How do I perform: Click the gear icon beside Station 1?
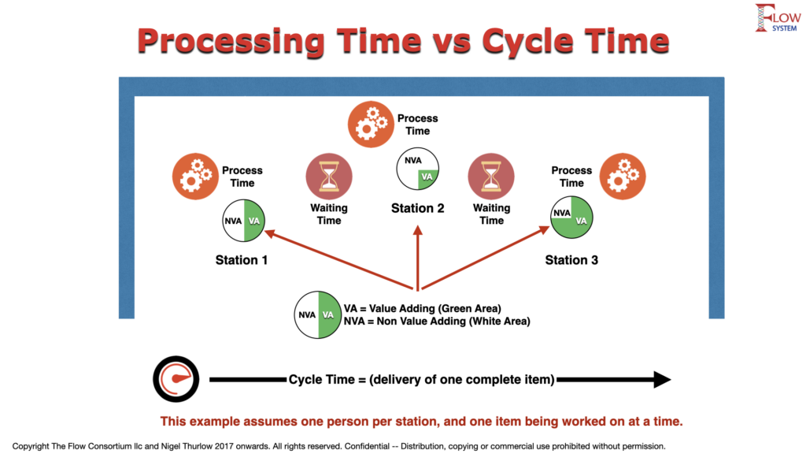coord(195,177)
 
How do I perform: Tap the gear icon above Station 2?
coord(371,125)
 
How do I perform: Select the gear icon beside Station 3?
coord(623,177)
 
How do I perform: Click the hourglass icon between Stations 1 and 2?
coord(329,177)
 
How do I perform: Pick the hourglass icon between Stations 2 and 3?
coord(491,177)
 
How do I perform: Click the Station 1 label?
coord(242,260)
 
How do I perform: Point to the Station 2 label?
coord(417,208)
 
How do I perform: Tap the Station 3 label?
coord(571,260)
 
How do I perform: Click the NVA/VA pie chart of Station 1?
coord(244,221)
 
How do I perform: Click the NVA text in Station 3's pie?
coord(562,213)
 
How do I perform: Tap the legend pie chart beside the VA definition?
coord(318,314)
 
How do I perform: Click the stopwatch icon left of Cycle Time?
coord(176,379)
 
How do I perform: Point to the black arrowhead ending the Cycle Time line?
coord(662,379)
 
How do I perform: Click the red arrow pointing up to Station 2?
coord(417,258)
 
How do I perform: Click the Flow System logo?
coord(777,18)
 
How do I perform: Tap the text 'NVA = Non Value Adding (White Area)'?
coord(437,322)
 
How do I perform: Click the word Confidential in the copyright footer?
coord(367,446)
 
